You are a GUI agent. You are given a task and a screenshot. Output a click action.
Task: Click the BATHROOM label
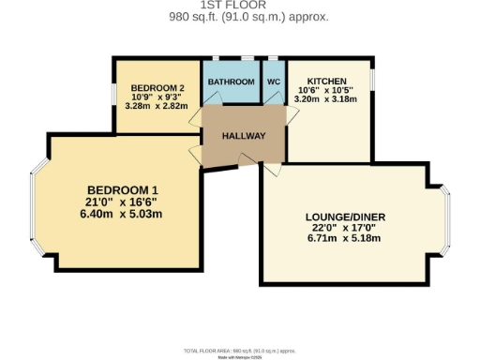[x=232, y=82]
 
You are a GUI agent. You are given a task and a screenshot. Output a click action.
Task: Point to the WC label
[x=273, y=82]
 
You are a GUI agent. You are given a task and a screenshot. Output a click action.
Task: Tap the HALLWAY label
[x=244, y=137]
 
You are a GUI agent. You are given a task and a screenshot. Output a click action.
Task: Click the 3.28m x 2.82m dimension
[x=155, y=106]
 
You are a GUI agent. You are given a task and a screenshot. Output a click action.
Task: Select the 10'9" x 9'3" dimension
[x=155, y=97]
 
